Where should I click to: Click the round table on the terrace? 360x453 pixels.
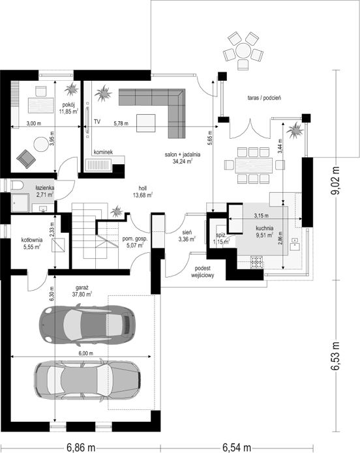coord(243,51)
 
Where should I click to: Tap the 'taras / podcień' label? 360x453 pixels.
coord(264,98)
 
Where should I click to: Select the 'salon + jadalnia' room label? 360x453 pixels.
coord(183,154)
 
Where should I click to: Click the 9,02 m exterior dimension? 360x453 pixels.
coord(336,181)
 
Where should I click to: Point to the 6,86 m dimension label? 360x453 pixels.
coord(81,448)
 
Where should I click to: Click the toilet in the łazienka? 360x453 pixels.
coord(18,186)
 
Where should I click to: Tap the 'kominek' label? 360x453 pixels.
coord(103,152)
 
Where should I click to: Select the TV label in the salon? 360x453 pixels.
coord(97,122)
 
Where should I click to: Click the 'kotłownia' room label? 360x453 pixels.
coord(32,240)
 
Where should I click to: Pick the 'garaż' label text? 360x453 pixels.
coord(82,287)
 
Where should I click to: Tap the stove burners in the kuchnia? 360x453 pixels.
coord(257,262)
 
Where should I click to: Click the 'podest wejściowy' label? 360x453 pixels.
coord(203,272)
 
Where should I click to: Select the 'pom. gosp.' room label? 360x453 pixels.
coord(135,239)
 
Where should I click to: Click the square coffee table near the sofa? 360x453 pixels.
coord(146,123)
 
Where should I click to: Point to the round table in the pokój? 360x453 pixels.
coord(41,144)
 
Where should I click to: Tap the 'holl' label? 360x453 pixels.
coord(143,188)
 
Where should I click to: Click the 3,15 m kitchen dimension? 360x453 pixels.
coord(261,216)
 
